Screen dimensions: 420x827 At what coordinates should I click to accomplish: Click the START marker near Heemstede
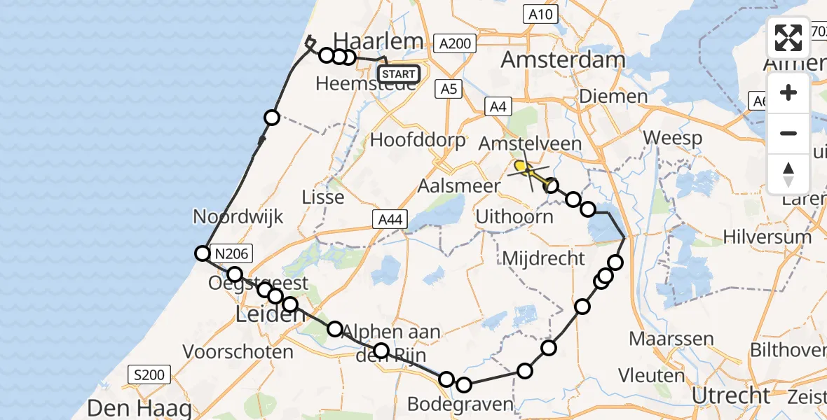pos(399,73)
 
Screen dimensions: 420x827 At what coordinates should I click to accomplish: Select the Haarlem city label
pos(379,40)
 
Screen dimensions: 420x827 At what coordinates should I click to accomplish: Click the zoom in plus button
pos(788,92)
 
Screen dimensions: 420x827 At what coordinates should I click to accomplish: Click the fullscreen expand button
pos(788,38)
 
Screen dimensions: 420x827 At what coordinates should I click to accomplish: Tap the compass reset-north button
pos(788,174)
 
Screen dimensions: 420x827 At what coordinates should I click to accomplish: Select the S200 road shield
pos(148,375)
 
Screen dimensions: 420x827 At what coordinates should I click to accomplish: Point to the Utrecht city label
pos(731,395)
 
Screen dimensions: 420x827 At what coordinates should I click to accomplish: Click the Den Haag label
pos(130,408)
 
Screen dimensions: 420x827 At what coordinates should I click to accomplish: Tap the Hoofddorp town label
pos(418,140)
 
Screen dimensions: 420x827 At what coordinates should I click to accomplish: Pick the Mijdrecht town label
pos(543,258)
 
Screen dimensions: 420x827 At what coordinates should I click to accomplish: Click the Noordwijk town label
pos(239,217)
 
